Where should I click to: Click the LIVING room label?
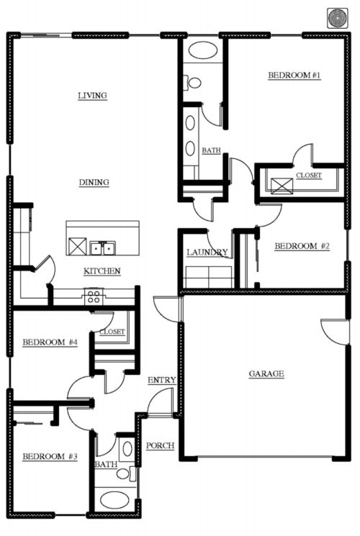tap(92, 96)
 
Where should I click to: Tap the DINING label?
tap(94, 183)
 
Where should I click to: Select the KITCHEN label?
tap(102, 271)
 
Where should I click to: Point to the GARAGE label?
tap(266, 373)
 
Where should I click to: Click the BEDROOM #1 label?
tap(294, 76)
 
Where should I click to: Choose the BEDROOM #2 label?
tap(302, 246)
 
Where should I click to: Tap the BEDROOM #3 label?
tap(50, 456)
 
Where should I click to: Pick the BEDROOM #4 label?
tap(50, 342)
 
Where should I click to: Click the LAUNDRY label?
tap(207, 253)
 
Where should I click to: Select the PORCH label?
tap(160, 446)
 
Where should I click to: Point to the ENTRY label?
tap(162, 380)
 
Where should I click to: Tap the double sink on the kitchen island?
tap(103, 247)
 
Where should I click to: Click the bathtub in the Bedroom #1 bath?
tap(203, 50)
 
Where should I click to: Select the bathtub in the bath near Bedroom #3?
tap(114, 500)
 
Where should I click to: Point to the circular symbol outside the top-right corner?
tap(338, 18)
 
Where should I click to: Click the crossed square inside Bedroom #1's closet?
tap(282, 186)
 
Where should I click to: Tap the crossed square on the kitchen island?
tap(77, 246)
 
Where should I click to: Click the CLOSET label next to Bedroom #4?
tap(112, 332)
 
